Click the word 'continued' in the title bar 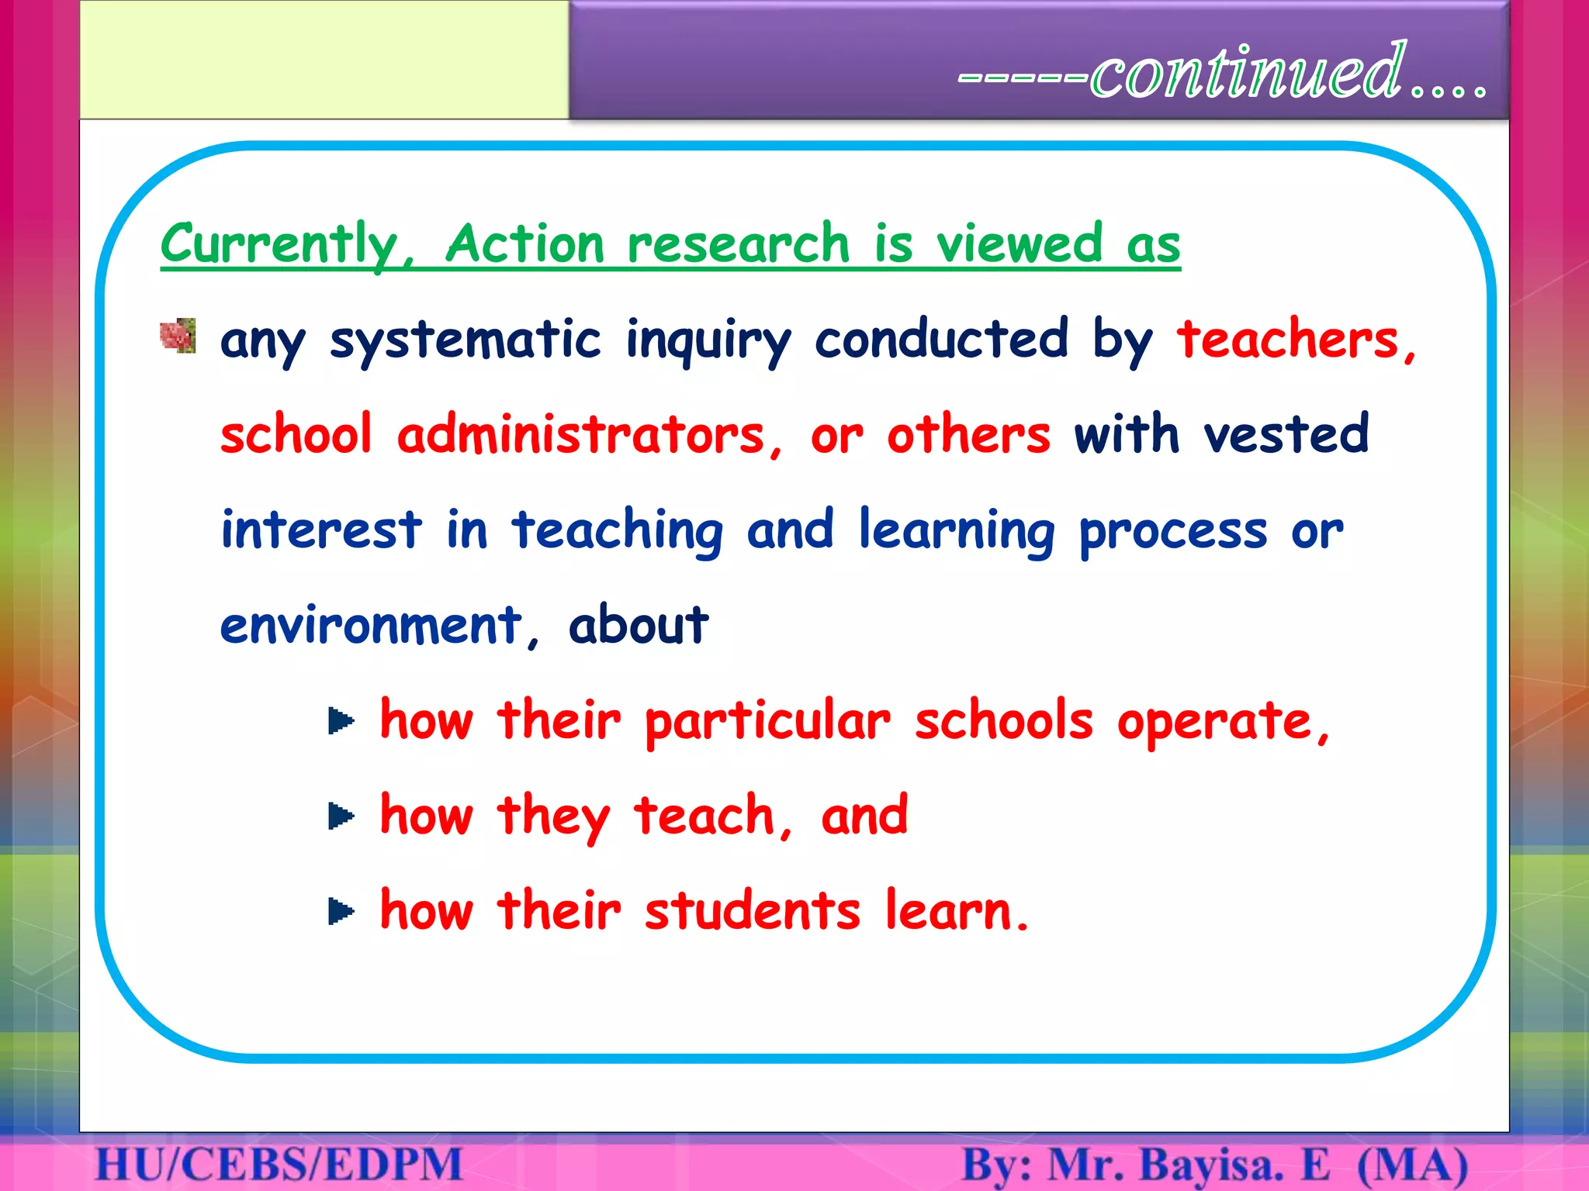tap(1248, 73)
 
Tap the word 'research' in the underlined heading tap(738, 244)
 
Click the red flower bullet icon tap(178, 336)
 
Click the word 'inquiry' tap(708, 341)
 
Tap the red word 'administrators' tap(581, 435)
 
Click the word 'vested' tap(1286, 435)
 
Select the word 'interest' tap(321, 530)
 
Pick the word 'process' tap(1172, 532)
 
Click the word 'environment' tap(371, 626)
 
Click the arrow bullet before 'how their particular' tap(341, 721)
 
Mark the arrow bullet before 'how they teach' tap(341, 816)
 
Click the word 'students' tap(752, 911)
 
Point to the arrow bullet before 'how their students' tap(341, 911)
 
